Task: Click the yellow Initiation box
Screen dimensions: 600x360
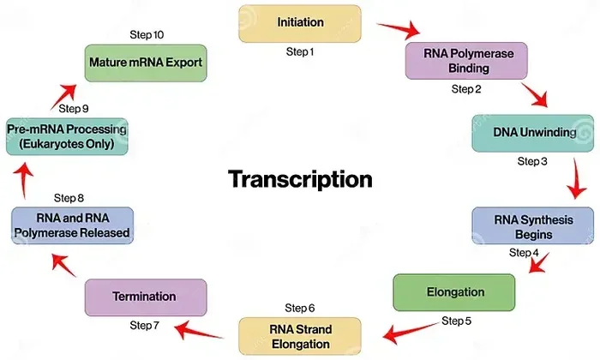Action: click(x=300, y=23)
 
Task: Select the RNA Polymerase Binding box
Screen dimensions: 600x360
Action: click(x=466, y=61)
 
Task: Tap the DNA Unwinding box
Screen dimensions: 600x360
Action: click(x=532, y=133)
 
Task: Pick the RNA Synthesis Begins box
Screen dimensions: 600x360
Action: click(x=532, y=226)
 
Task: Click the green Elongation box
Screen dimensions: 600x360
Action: click(x=454, y=292)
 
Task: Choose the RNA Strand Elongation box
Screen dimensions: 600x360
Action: click(x=300, y=336)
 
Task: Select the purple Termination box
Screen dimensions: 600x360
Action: click(x=146, y=297)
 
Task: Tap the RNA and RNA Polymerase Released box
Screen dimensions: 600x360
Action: click(x=72, y=225)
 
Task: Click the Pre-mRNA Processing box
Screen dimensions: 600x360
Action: click(x=67, y=136)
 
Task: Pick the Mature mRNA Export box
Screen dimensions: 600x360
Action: click(x=146, y=63)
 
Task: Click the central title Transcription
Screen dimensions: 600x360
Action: click(x=300, y=179)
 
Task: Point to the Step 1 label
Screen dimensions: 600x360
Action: click(x=300, y=51)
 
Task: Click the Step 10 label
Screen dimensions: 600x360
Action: click(x=147, y=35)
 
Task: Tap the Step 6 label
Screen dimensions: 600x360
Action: click(x=300, y=308)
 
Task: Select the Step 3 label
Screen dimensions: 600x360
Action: click(x=532, y=161)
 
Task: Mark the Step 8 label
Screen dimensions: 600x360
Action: click(x=69, y=198)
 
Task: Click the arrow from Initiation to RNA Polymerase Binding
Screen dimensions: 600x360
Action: click(x=399, y=29)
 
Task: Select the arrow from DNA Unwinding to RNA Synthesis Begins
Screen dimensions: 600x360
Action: click(x=577, y=179)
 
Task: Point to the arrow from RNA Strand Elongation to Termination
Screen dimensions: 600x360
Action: click(x=198, y=331)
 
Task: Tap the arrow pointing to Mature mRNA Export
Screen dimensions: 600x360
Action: click(x=64, y=96)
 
